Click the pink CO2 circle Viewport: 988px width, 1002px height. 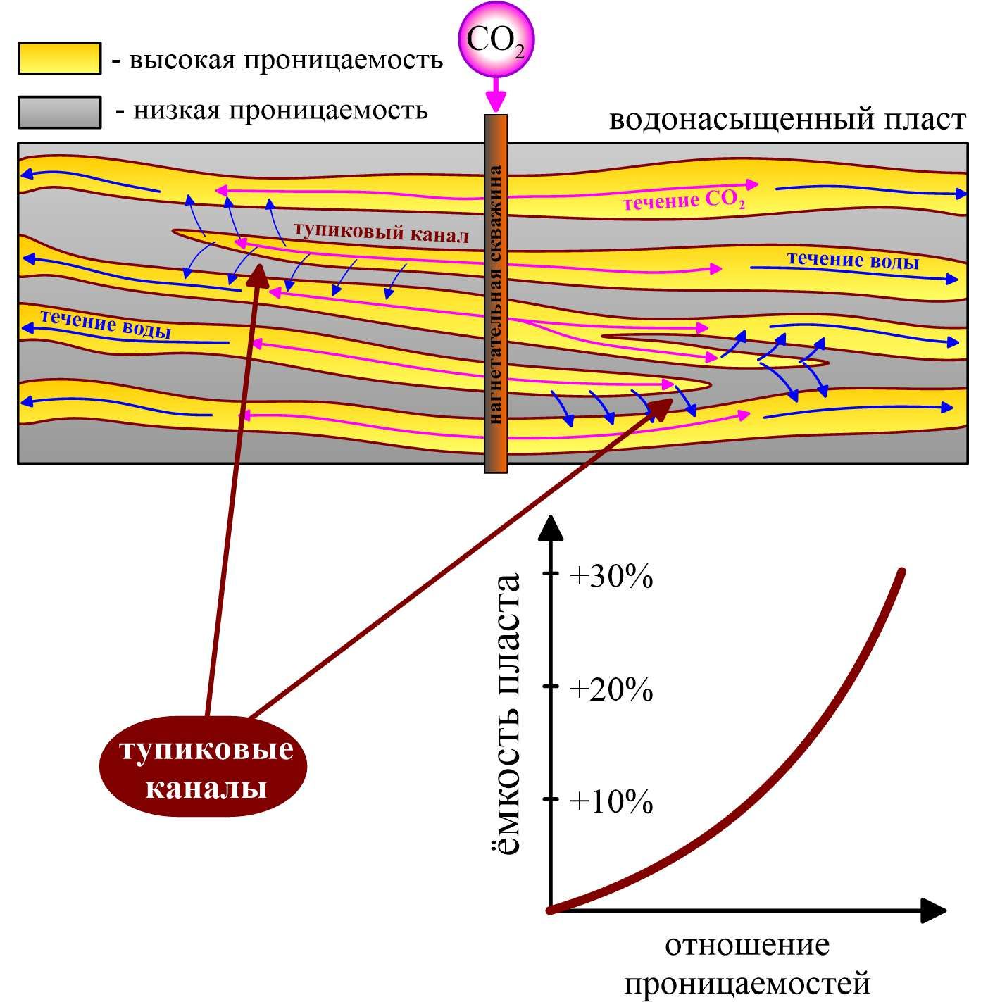coord(496,41)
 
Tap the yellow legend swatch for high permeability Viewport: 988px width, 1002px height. coord(60,58)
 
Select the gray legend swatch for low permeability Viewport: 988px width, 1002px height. coord(60,112)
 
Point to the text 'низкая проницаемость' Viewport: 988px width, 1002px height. coord(280,111)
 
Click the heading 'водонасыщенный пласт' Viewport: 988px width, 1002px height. coord(787,119)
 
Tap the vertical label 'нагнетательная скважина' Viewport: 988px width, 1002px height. coord(495,294)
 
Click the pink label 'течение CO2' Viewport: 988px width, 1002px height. coord(684,201)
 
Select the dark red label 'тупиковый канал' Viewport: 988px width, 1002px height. coord(382,232)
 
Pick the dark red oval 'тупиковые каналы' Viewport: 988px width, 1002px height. coord(203,767)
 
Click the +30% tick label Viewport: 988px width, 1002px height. coord(611,577)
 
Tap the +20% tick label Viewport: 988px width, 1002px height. coord(611,690)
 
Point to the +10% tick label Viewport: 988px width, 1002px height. coord(611,801)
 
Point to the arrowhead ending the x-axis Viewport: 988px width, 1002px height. coord(933,910)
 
